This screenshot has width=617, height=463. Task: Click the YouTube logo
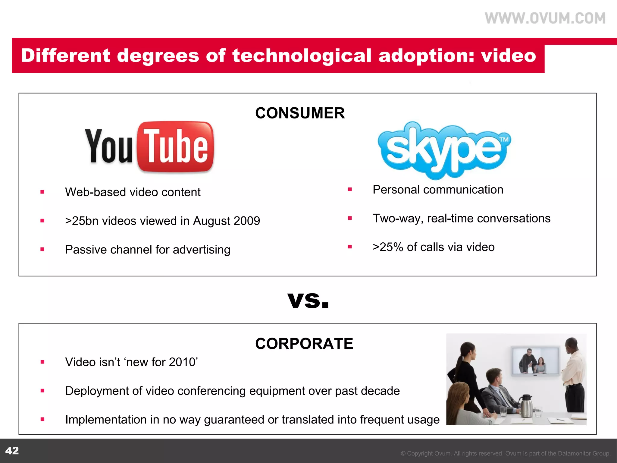[150, 147]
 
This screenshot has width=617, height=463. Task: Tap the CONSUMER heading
[300, 113]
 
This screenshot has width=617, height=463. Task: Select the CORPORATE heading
[304, 344]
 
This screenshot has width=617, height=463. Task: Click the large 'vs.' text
[308, 300]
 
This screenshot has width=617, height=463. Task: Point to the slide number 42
[12, 451]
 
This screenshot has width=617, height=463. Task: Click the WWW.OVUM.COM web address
[545, 18]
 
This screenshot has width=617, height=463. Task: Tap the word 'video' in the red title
[508, 56]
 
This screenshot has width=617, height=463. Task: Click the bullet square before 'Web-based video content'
[42, 192]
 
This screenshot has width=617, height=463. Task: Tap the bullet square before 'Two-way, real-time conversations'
[350, 218]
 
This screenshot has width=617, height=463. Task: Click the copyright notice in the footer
[506, 453]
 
